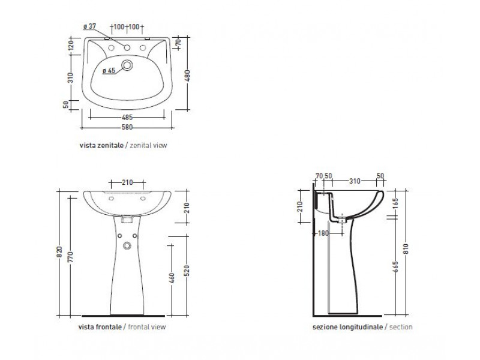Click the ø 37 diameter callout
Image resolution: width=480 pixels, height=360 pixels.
point(89,26)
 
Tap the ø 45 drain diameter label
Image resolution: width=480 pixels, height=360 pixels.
point(109,71)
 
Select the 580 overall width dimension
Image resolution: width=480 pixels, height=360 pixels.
point(127,127)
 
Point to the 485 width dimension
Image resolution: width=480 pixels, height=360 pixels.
point(127,117)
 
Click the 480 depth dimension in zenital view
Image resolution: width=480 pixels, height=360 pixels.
point(187,76)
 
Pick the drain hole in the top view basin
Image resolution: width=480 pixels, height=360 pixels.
point(127,65)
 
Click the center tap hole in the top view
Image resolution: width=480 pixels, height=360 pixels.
point(127,48)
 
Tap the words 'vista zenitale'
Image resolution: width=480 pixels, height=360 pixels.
point(101,145)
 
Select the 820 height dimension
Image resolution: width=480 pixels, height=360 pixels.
point(59,251)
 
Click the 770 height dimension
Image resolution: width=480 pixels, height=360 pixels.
point(70,257)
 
